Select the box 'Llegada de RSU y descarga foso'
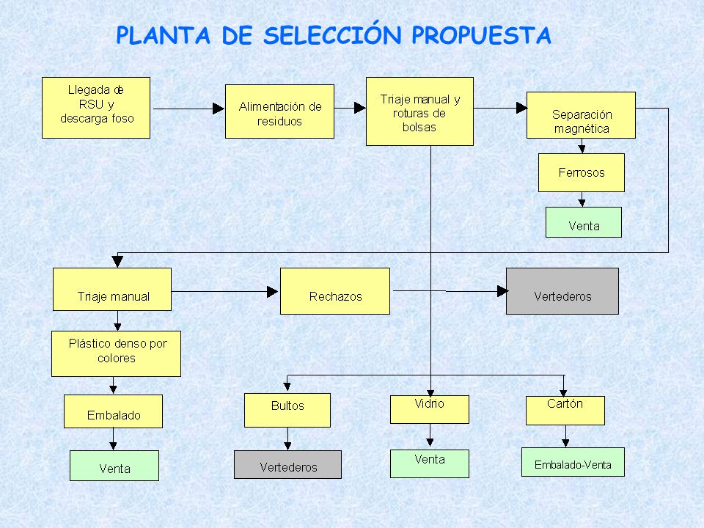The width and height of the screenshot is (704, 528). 95,108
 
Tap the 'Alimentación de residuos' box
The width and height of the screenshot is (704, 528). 279,111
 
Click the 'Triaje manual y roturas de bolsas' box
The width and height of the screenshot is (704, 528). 419,111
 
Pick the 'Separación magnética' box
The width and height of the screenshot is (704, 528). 581,115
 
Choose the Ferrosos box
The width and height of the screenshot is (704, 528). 581,173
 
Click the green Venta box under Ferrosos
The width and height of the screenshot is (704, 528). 583,222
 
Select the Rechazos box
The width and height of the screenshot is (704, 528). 334,291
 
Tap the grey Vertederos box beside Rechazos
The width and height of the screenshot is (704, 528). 562,291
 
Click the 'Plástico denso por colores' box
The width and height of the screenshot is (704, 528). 116,353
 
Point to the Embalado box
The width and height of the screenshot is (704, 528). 113,411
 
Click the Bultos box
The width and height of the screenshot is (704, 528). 287,411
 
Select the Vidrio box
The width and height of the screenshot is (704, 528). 429,409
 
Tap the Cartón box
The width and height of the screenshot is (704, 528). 565,411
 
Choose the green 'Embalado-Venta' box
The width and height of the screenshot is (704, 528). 573,462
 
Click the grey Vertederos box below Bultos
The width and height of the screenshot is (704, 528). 287,465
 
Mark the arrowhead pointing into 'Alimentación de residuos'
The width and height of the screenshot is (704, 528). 219,109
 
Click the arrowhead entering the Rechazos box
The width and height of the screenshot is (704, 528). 273,292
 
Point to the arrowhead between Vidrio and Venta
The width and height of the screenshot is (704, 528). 430,442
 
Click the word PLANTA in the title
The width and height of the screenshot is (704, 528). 163,34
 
